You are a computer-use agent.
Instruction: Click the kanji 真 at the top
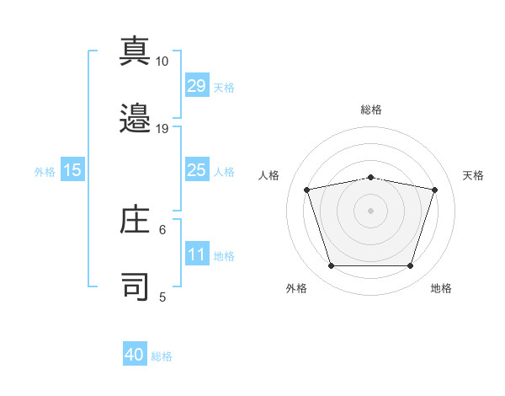[x=135, y=51]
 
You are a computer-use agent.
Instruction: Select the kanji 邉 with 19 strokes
[x=135, y=118]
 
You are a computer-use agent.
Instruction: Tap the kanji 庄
[x=135, y=219]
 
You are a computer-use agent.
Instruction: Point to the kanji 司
[x=135, y=286]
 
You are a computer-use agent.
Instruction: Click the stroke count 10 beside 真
[x=162, y=62]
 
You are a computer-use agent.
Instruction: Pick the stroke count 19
[x=162, y=129]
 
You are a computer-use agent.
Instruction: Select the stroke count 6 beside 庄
[x=162, y=230]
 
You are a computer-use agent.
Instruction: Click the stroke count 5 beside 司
[x=162, y=297]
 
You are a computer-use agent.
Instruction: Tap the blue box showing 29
[x=197, y=85]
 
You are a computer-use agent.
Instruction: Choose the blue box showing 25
[x=197, y=169]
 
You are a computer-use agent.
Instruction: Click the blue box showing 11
[x=197, y=253]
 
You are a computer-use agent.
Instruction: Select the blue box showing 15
[x=72, y=169]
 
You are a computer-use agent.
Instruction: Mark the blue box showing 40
[x=135, y=353]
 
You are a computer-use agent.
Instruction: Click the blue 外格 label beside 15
[x=45, y=172]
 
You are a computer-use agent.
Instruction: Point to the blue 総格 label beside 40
[x=162, y=356]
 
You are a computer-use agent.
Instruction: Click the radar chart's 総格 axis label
[x=371, y=110]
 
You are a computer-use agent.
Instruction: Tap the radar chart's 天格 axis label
[x=473, y=175]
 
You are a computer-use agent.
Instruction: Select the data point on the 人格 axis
[x=307, y=190]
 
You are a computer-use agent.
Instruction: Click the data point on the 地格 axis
[x=410, y=266]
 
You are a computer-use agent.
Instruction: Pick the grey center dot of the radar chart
[x=370, y=211]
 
